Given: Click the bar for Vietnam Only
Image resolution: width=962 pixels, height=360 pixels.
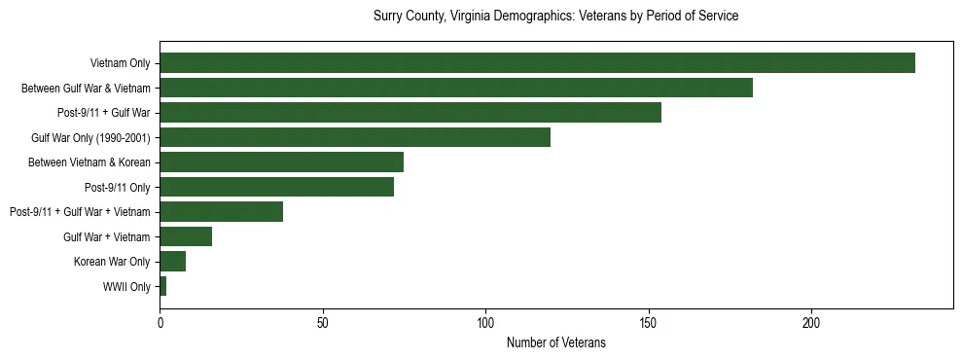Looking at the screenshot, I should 537,63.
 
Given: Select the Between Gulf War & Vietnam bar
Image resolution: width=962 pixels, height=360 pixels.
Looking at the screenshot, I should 456,88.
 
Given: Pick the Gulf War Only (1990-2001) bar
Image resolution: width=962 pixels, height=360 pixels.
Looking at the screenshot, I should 355,137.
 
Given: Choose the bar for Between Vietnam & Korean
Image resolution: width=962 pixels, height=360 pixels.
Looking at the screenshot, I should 282,162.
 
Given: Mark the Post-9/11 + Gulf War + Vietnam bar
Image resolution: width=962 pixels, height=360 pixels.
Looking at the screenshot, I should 222,212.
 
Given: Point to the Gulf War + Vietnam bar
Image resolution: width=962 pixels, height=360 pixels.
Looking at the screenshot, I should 186,236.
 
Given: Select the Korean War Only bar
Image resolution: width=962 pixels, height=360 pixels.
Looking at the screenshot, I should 173,262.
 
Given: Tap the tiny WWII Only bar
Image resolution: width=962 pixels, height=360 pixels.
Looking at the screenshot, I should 163,286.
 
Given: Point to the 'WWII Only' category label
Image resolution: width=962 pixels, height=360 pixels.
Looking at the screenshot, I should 126,286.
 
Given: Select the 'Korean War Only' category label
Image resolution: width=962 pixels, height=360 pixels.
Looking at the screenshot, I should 112,262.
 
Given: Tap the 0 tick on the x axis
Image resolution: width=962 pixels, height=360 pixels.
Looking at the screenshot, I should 160,322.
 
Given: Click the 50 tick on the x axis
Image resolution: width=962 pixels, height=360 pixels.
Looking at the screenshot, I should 323,322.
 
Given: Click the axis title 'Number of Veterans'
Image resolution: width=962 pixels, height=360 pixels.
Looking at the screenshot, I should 556,342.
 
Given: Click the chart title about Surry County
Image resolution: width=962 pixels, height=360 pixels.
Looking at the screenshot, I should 556,17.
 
